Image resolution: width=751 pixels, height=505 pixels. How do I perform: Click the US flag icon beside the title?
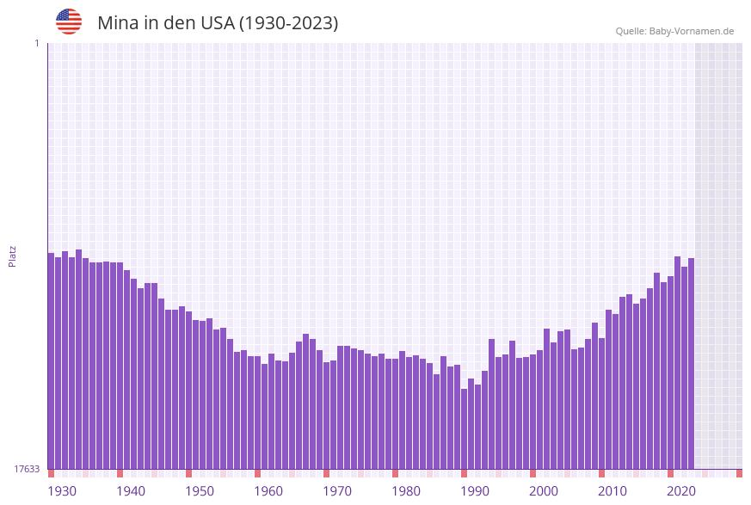point(69,22)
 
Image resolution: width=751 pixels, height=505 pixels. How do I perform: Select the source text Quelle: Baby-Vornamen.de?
point(674,31)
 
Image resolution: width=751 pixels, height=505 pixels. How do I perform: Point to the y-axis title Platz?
point(12,256)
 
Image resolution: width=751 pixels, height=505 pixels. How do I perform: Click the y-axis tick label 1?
point(36,43)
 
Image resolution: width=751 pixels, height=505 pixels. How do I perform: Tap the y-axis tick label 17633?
point(27,469)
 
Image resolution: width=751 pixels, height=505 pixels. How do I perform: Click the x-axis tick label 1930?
point(62,491)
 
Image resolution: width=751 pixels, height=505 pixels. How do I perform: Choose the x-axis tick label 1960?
point(268,491)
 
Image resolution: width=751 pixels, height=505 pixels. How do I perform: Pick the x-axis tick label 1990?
point(475,491)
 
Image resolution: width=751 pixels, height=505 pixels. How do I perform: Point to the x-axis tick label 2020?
point(681,491)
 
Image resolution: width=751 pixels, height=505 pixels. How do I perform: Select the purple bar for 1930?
point(51,361)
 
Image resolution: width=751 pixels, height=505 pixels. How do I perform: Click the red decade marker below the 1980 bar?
point(395,473)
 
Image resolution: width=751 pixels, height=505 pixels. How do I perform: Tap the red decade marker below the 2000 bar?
point(532,473)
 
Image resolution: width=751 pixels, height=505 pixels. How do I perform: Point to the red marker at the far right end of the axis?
point(739,473)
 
